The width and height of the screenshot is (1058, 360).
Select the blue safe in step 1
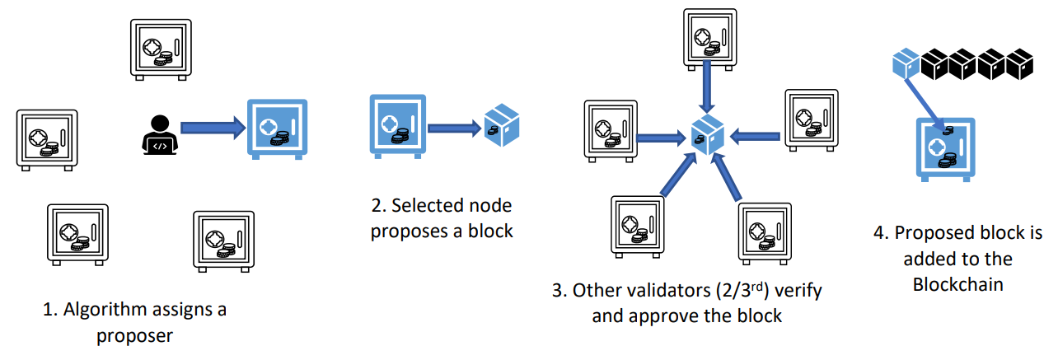coord(278,130)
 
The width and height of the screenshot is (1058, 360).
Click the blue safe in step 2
coord(396,125)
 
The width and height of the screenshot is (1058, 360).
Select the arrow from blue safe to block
coord(454,127)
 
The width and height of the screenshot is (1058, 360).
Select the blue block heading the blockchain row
coord(906,62)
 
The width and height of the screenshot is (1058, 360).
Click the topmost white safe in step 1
coord(162,49)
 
